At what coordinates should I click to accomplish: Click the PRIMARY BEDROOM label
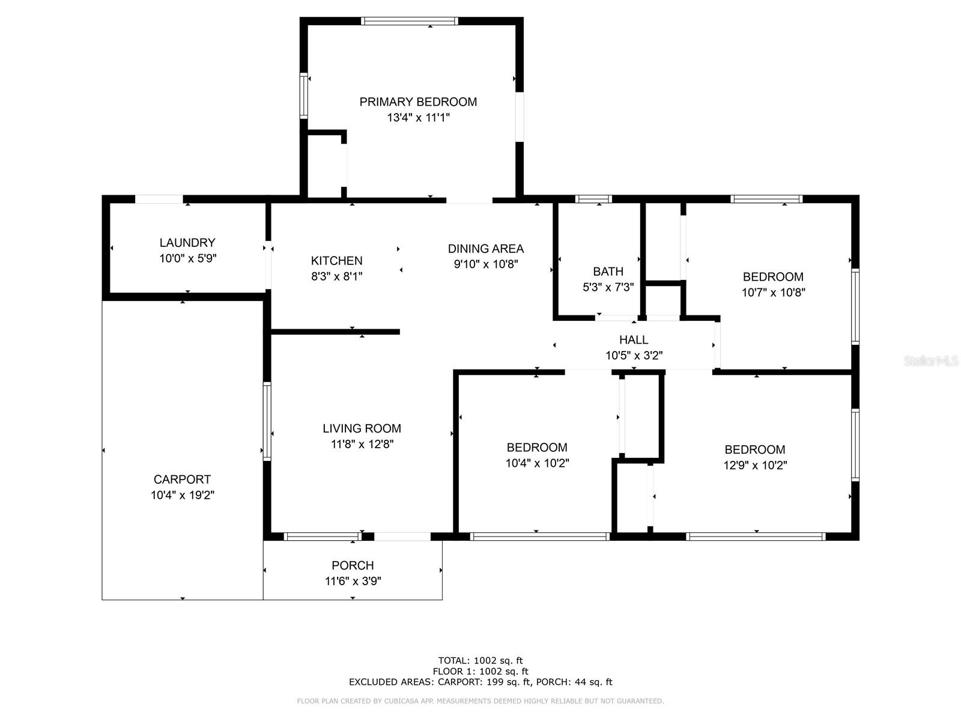(418, 102)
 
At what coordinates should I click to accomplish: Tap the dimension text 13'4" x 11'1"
(418, 118)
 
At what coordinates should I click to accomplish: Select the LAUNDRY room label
(187, 243)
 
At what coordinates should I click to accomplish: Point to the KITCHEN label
(336, 261)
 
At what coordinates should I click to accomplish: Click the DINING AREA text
(485, 249)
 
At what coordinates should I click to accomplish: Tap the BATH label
(608, 272)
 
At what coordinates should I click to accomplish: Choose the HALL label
(634, 340)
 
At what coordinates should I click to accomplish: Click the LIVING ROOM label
(362, 428)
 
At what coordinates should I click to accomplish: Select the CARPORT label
(182, 479)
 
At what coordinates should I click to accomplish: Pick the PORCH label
(353, 565)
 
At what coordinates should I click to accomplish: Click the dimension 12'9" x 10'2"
(755, 465)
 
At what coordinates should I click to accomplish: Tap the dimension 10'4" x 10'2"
(537, 463)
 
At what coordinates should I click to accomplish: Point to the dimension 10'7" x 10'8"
(773, 293)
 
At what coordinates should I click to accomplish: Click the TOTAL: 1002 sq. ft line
(480, 660)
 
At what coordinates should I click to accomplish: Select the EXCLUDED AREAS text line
(480, 682)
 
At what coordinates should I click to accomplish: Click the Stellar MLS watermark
(931, 361)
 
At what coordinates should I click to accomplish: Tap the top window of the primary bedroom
(410, 21)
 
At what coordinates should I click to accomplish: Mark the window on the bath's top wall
(593, 199)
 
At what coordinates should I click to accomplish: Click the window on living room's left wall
(267, 421)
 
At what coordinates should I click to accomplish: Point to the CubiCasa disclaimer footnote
(480, 701)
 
